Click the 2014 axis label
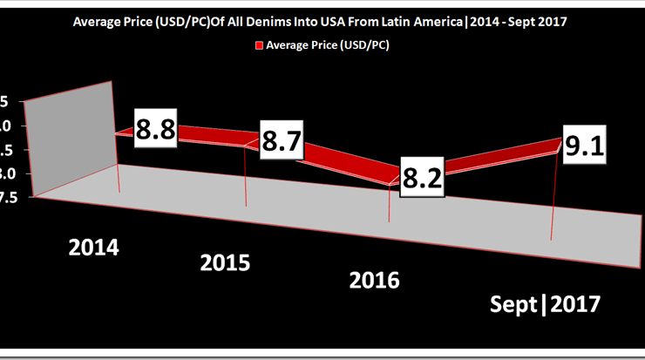point(94,247)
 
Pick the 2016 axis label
point(374,280)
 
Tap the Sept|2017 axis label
point(545,305)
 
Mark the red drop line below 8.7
point(247,179)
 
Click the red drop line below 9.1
point(553,196)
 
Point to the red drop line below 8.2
point(388,209)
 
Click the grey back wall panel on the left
point(72,139)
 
